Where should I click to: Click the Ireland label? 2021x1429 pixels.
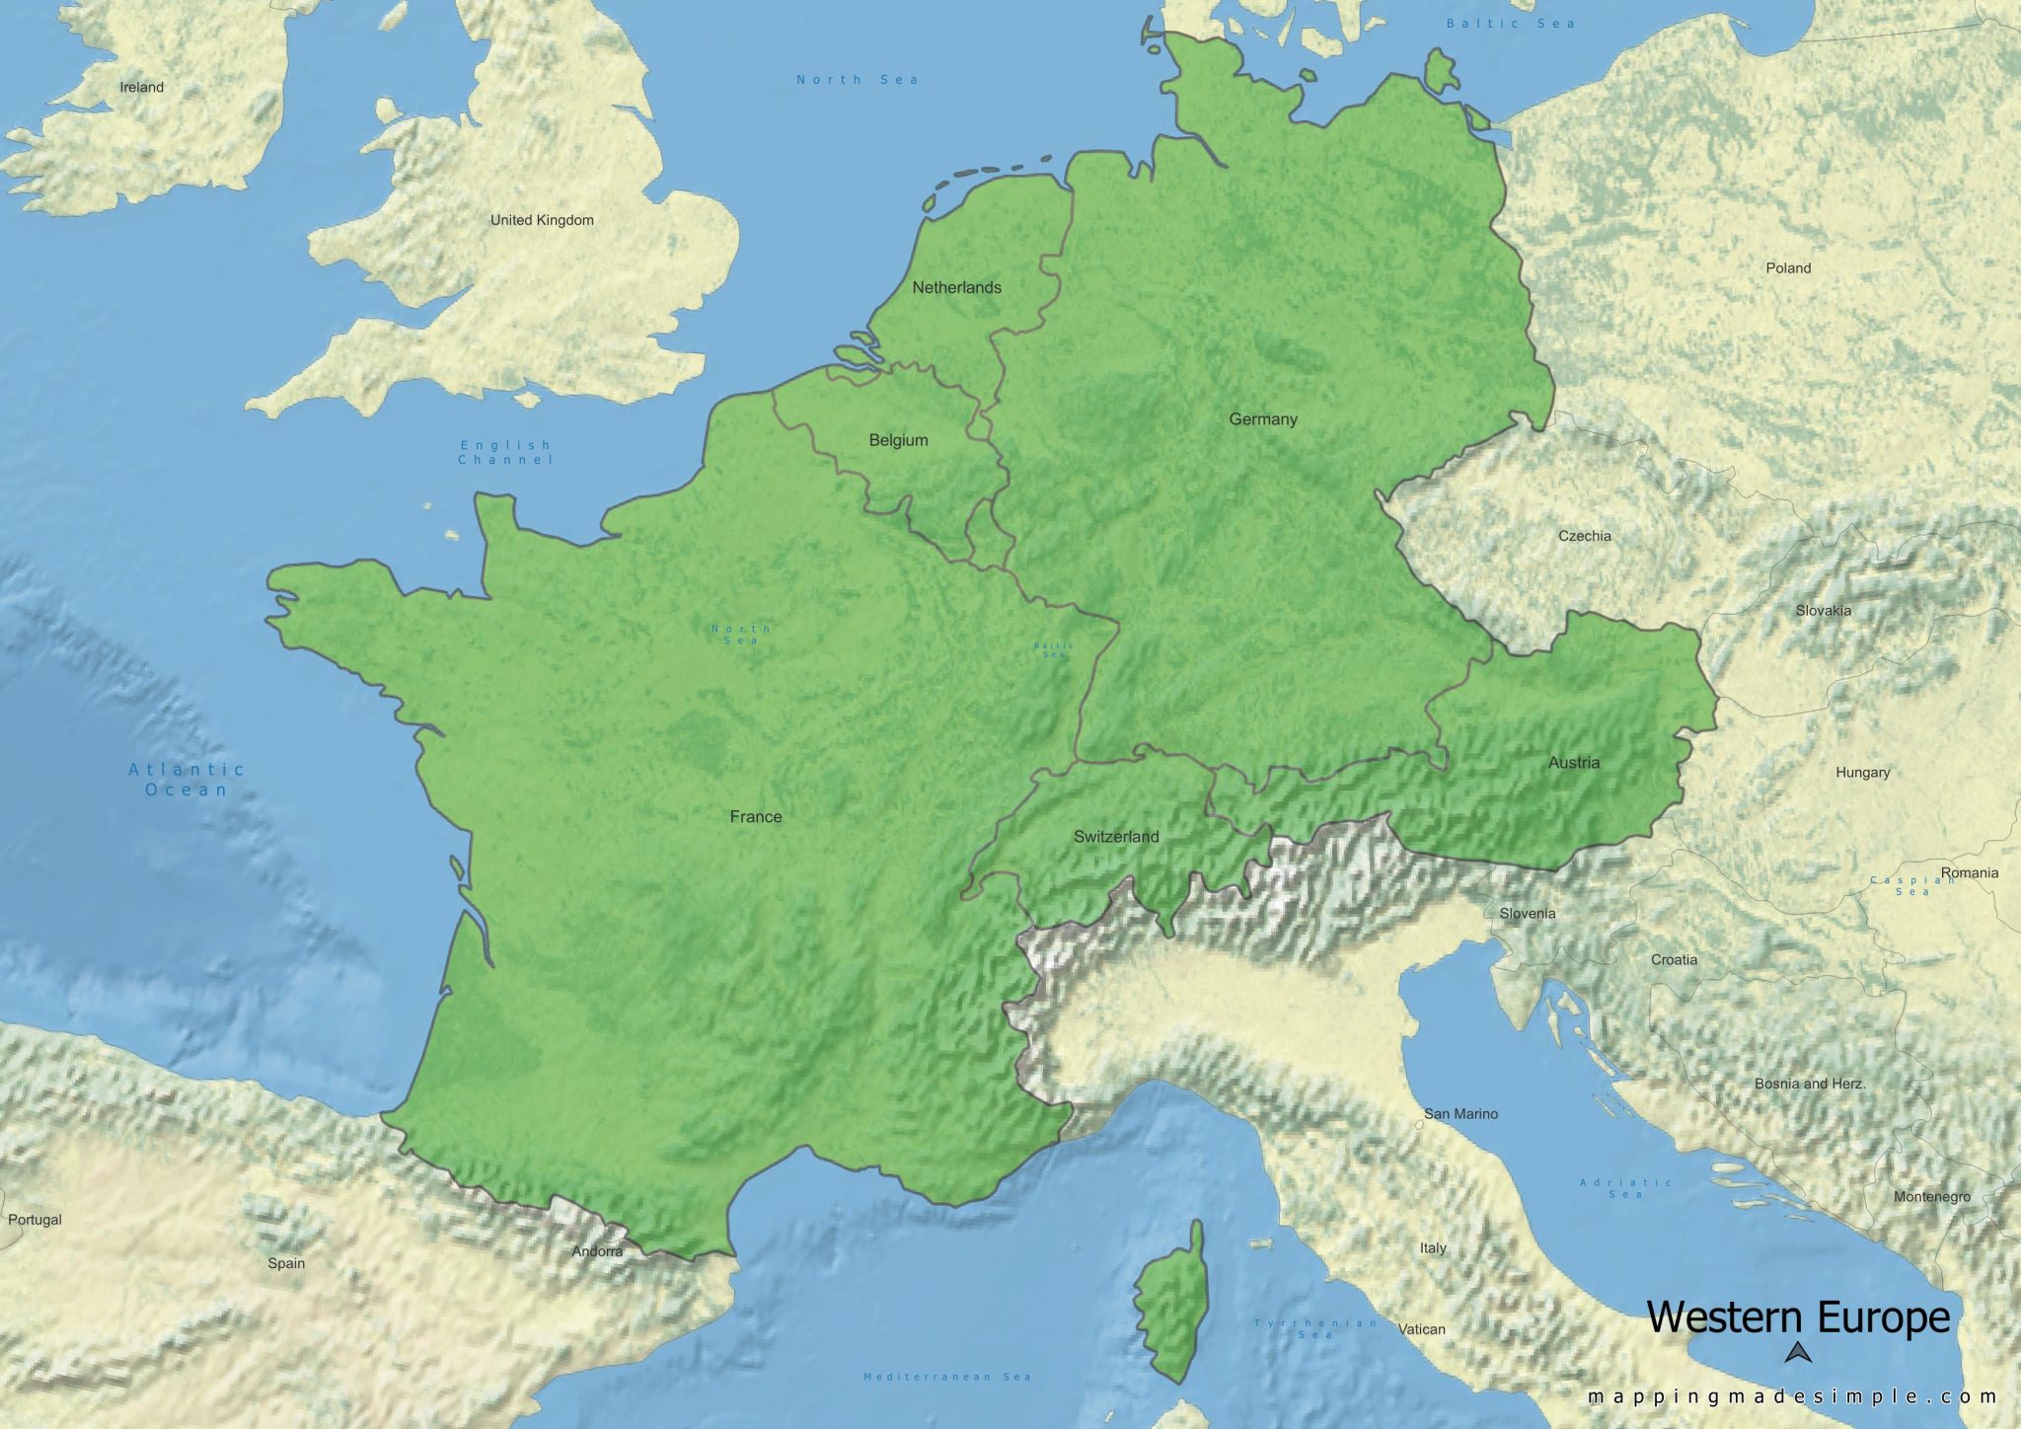point(141,87)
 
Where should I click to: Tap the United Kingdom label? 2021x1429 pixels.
point(542,220)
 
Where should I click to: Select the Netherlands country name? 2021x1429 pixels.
point(956,287)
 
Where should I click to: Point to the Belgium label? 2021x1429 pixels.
point(898,440)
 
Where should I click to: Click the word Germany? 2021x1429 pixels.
point(1263,419)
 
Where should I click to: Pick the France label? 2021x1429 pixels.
point(756,817)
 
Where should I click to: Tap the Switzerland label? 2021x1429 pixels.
point(1116,837)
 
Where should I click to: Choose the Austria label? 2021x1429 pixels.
point(1574,763)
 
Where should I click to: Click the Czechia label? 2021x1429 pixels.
point(1585,536)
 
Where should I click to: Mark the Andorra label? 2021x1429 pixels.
point(597,1251)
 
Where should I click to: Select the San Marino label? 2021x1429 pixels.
point(1460,1113)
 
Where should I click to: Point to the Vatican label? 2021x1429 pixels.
point(1422,1329)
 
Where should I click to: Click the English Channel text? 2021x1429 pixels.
point(505,453)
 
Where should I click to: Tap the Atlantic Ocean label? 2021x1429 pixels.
point(187,780)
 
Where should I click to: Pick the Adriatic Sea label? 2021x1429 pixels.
point(1626,1188)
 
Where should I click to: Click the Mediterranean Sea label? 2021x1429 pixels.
point(947,1377)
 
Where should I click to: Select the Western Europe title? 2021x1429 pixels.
point(1798,1317)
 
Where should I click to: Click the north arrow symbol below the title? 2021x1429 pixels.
point(1799,1353)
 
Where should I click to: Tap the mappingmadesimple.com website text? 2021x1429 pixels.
point(1793,1396)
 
